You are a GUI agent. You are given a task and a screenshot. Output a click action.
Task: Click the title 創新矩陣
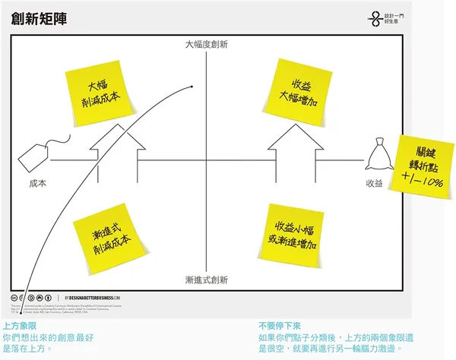pos(39,18)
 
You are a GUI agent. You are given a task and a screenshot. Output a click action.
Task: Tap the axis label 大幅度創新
pos(206,45)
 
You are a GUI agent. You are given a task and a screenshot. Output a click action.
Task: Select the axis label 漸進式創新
pos(206,279)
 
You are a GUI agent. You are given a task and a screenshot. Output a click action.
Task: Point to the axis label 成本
pos(37,183)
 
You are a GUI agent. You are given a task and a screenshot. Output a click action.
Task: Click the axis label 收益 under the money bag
pos(374,183)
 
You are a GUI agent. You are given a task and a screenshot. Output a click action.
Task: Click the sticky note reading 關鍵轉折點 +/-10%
pos(419,160)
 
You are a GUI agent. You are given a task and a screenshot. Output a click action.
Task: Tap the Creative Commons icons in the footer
pos(30,297)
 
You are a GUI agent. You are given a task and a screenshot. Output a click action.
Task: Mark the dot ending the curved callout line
pos(193,87)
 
